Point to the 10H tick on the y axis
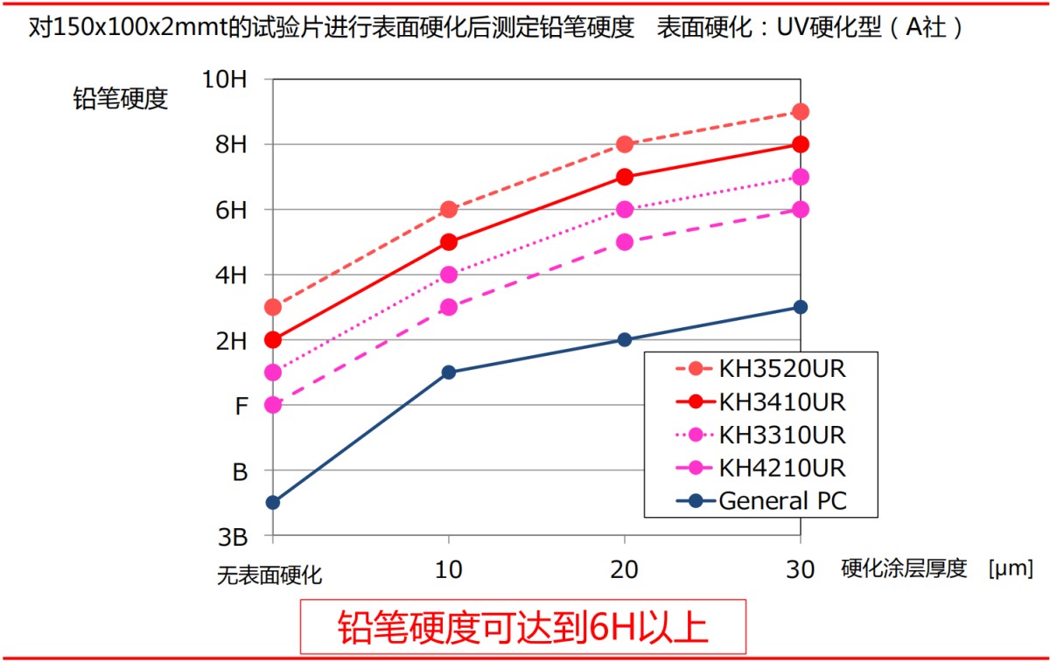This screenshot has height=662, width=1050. (225, 80)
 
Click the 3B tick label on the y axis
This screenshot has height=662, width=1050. (231, 536)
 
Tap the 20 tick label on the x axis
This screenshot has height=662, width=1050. (624, 570)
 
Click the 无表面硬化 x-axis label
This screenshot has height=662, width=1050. (269, 575)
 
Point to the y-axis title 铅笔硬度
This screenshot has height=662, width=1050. (120, 99)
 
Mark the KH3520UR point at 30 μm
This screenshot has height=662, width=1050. (800, 111)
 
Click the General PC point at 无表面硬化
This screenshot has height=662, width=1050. (273, 502)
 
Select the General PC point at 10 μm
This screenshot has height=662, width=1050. (449, 372)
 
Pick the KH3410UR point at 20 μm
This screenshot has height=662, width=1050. (624, 177)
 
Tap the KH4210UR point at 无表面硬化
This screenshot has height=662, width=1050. (273, 405)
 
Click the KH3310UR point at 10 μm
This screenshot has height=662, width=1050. (449, 275)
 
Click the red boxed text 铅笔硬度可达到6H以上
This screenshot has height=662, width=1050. (522, 626)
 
